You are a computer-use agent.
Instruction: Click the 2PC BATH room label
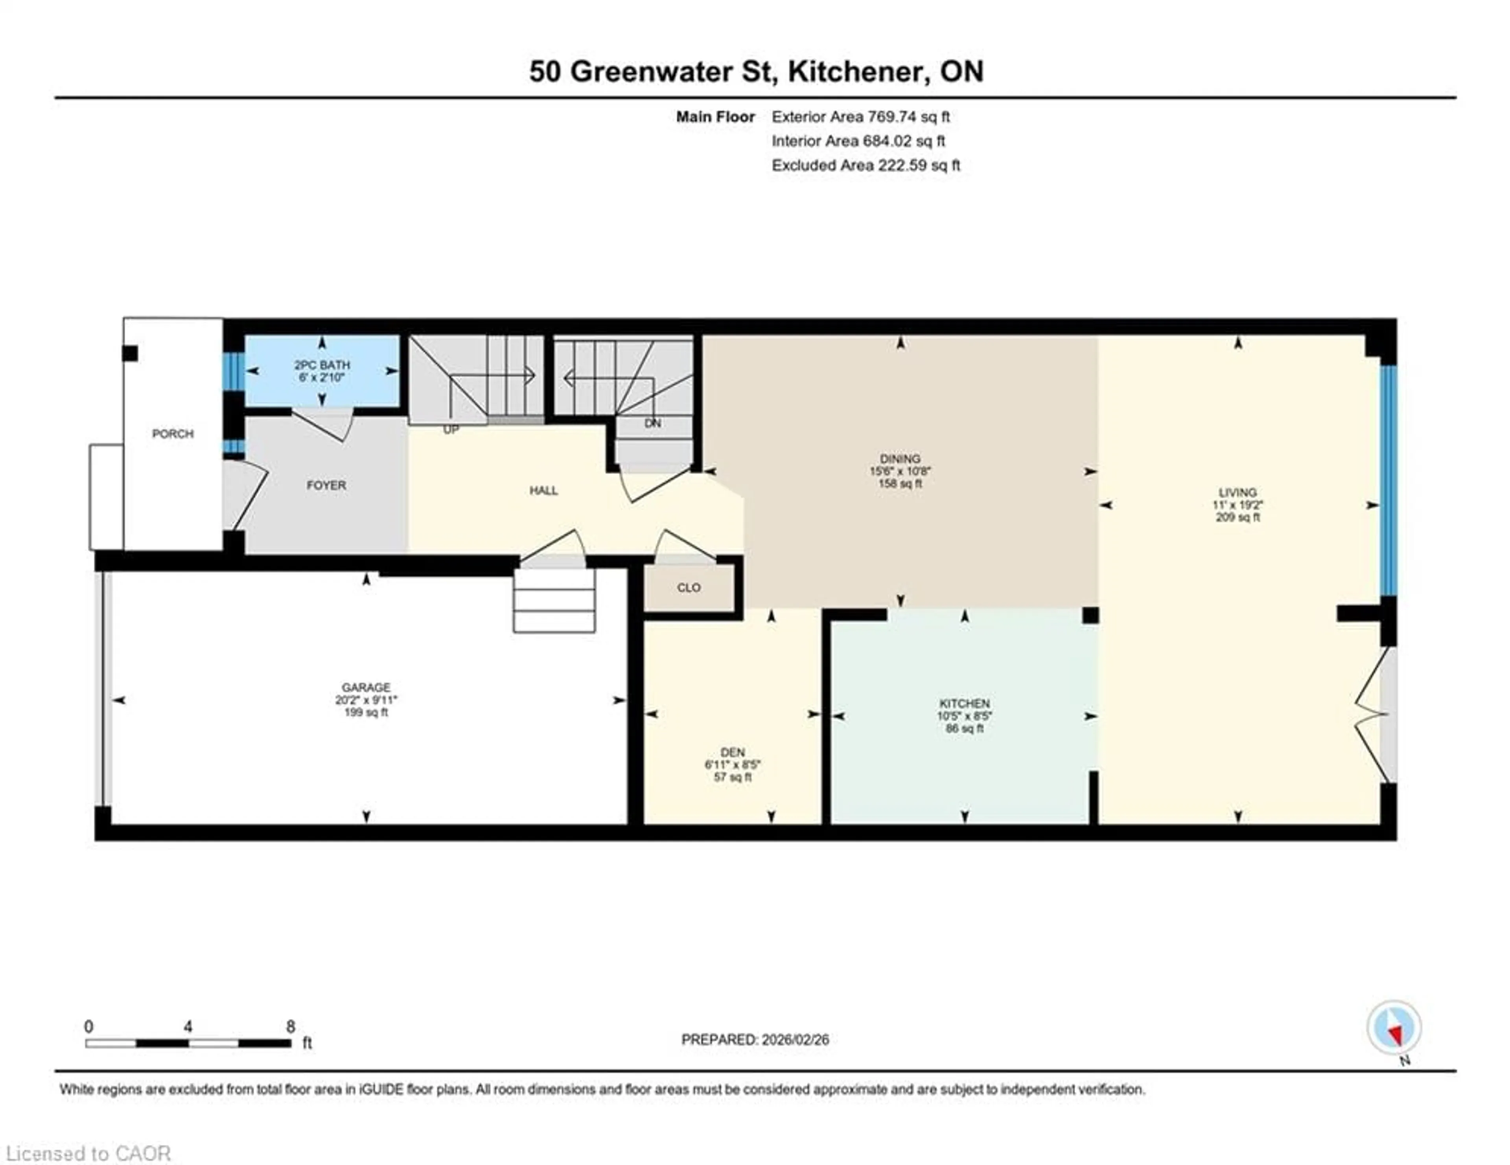322,365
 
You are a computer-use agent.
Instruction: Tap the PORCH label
173,434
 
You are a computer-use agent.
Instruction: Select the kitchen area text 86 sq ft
965,728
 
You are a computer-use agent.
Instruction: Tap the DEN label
733,752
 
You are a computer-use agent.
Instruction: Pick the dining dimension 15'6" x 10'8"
900,471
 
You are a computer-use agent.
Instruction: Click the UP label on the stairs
451,430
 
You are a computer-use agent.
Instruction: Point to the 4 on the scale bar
188,1027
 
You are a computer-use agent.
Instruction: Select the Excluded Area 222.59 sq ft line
865,165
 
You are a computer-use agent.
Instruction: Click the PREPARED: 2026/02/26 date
755,1039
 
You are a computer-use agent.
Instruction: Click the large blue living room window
1388,480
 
